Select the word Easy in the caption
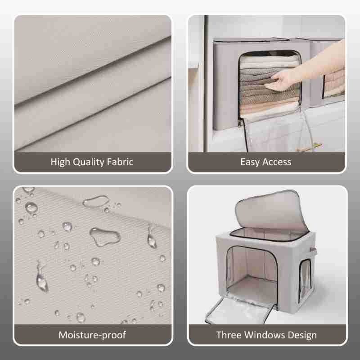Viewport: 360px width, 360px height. [250, 162]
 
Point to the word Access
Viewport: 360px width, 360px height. [277, 162]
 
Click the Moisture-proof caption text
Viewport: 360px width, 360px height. [92, 335]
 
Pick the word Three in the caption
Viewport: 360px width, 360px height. [229, 335]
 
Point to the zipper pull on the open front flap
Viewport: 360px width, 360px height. [240, 123]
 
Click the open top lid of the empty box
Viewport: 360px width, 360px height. [271, 211]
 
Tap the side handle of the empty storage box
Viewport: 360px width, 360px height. [313, 252]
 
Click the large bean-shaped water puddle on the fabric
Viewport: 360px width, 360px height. [105, 237]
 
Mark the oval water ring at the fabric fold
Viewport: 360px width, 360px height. [96, 201]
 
